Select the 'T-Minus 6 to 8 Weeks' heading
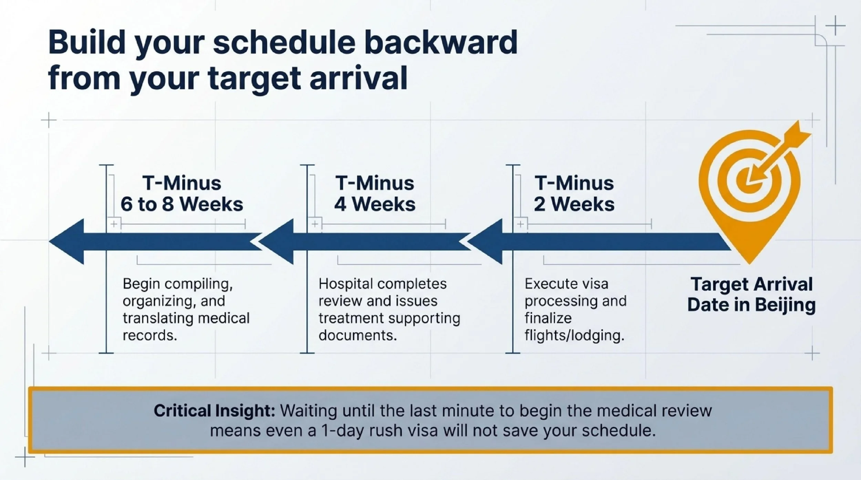[x=182, y=193]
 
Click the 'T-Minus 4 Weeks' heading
[x=375, y=193]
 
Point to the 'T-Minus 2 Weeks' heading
[x=574, y=193]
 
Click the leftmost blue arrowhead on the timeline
[x=67, y=242]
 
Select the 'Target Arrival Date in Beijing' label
[x=751, y=295]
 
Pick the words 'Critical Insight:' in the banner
[x=214, y=411]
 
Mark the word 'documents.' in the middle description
[x=358, y=335]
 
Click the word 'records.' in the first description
[x=150, y=335]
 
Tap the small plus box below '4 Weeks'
[x=315, y=224]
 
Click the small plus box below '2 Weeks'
[x=521, y=224]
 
